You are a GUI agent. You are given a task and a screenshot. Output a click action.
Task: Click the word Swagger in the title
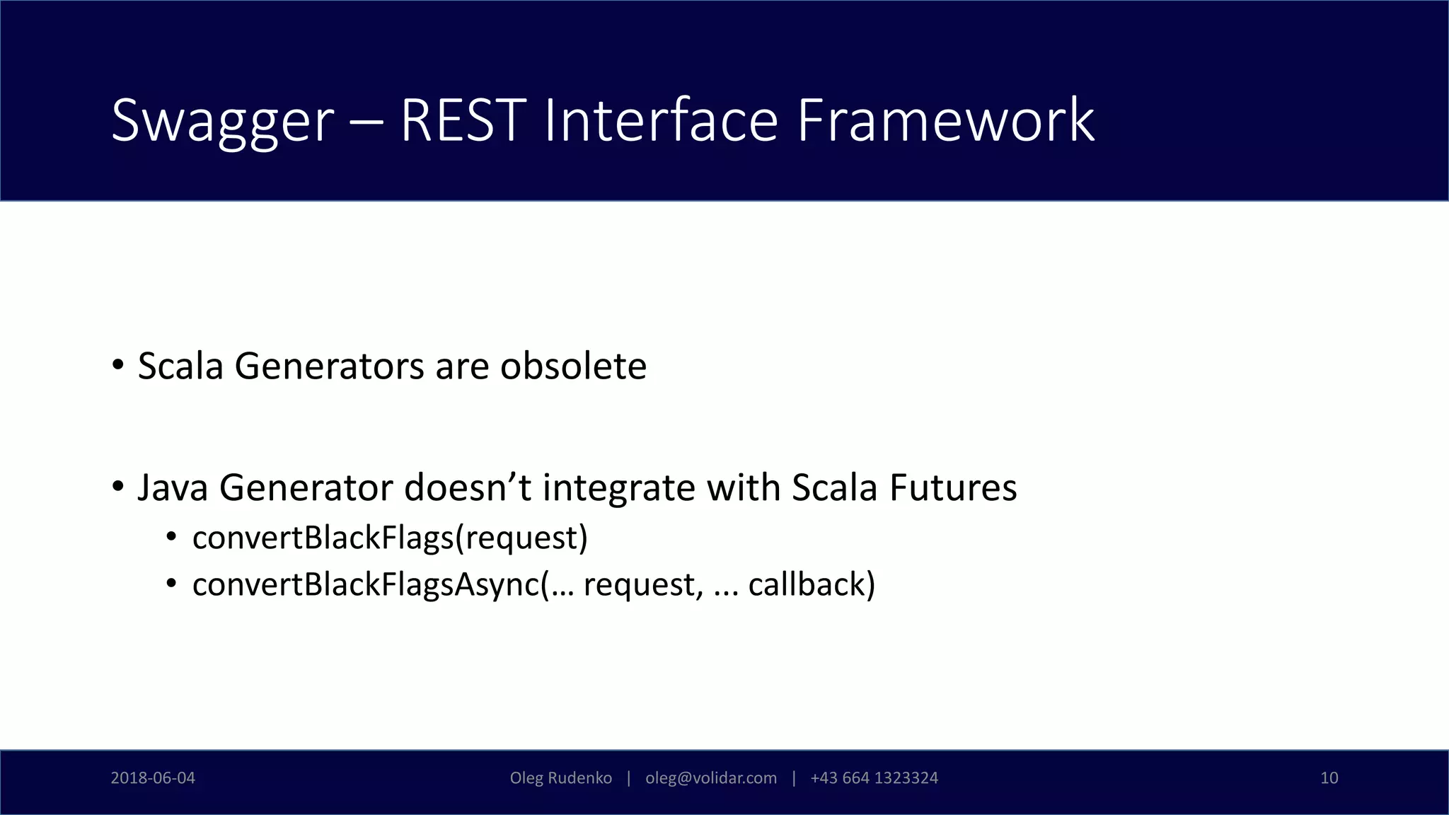(222, 122)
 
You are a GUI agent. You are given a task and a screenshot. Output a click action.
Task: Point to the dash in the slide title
(366, 122)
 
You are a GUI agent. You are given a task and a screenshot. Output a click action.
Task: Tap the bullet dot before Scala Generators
(118, 366)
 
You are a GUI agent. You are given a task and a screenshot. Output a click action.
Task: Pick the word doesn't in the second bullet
(467, 488)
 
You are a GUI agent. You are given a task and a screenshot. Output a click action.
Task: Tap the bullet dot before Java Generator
(118, 487)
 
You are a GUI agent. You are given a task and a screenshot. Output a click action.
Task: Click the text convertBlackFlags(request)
(390, 538)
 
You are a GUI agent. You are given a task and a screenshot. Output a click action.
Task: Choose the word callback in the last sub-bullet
(807, 584)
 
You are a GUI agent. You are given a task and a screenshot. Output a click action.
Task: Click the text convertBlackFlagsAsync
(365, 584)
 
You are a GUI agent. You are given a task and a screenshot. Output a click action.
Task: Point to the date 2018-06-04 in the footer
(153, 778)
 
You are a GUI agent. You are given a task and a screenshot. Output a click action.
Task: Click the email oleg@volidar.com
(710, 778)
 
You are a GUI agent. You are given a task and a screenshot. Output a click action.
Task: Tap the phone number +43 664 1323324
(874, 778)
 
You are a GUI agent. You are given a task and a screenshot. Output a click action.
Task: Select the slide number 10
(1329, 778)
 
